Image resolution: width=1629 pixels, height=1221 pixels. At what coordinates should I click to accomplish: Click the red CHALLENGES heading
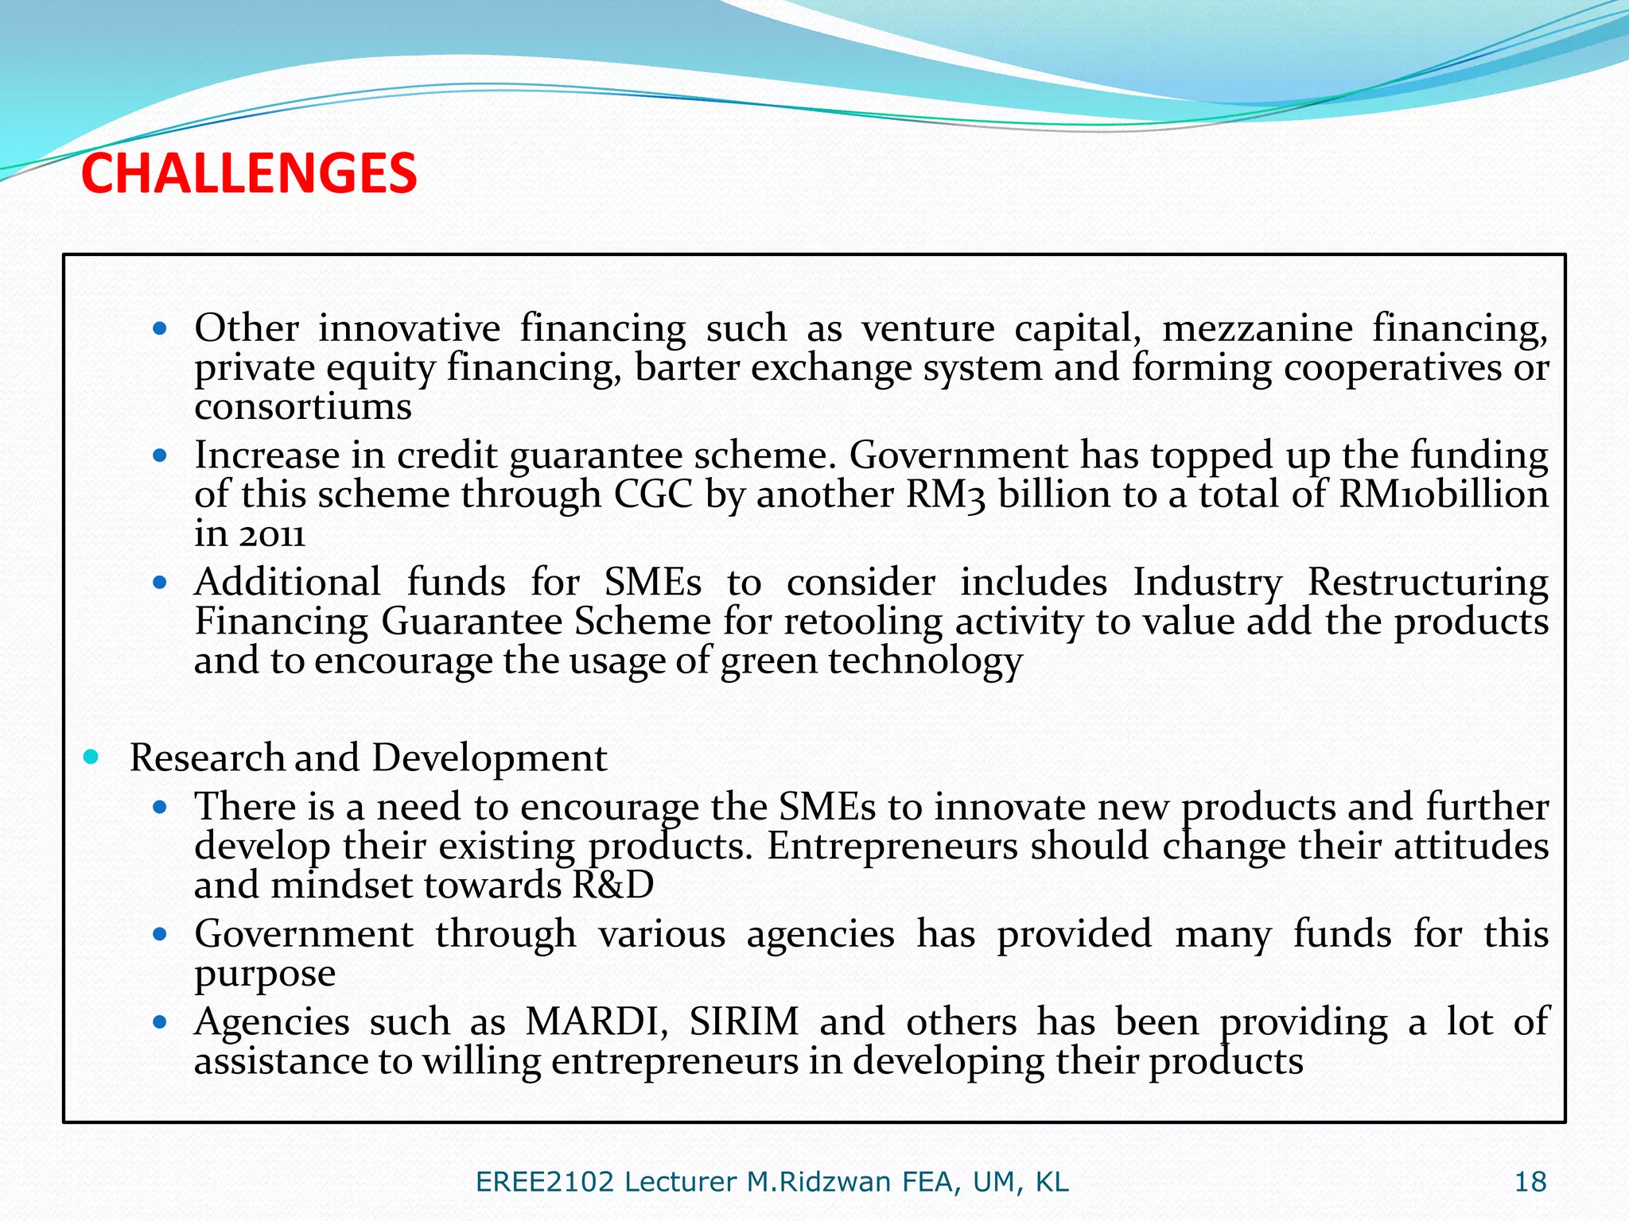[249, 174]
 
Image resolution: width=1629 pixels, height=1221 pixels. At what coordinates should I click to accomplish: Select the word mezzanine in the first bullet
[1257, 328]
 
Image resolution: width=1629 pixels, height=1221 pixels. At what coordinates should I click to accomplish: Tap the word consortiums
[303, 407]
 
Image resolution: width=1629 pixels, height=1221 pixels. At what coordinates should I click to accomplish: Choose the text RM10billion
[1443, 494]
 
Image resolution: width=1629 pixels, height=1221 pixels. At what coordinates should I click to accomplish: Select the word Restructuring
[1428, 582]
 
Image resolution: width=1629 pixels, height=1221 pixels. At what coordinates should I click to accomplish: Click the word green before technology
[768, 661]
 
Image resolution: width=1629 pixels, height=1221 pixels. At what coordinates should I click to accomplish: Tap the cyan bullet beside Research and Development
[91, 757]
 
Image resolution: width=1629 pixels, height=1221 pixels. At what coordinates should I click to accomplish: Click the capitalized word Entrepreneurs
[892, 846]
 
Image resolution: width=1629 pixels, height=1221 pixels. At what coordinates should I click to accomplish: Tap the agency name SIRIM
[744, 1021]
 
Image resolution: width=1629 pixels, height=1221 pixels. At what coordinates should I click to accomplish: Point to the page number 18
[1530, 1182]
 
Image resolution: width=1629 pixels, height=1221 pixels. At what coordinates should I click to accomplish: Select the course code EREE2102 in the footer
[545, 1182]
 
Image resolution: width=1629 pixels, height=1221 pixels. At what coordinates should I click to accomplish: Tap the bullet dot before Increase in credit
[160, 455]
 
